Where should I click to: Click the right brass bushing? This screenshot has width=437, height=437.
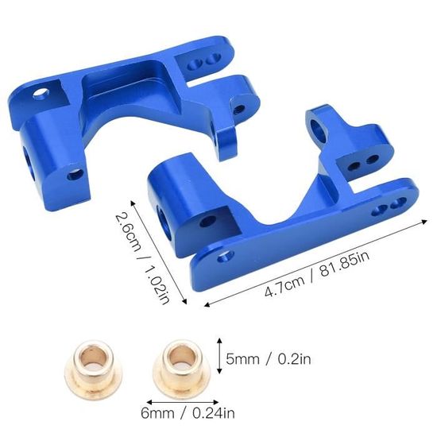pos(179,368)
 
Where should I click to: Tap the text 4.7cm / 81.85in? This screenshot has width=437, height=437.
pos(317,273)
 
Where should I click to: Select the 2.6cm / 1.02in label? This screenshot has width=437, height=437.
pos(142,257)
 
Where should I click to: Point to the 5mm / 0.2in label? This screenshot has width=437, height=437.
pos(268,359)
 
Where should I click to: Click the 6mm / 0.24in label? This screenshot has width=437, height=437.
pos(188,413)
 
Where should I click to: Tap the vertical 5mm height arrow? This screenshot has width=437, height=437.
pos(219,355)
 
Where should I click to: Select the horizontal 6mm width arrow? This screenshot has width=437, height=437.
pos(183,402)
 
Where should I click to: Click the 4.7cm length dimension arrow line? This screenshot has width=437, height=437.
pos(315,263)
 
